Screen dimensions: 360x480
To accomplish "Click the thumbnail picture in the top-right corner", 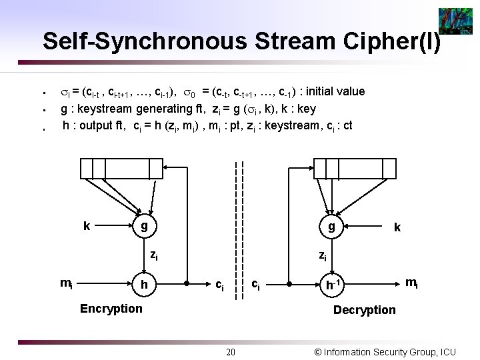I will click(455, 21).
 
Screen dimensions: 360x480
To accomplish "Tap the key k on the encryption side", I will click(87, 226).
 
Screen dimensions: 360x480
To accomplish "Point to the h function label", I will click(143, 284).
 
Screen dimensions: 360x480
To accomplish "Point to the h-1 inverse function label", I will click(332, 284).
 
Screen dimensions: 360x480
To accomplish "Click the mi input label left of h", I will click(67, 283).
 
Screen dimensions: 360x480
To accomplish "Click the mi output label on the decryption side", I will click(412, 283).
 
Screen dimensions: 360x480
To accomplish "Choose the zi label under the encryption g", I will click(153, 254).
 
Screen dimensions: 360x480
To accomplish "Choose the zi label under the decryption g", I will click(322, 254).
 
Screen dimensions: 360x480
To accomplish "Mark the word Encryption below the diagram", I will click(111, 308).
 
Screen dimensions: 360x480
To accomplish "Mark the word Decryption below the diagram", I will click(364, 309).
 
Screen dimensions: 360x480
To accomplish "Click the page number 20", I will click(230, 352).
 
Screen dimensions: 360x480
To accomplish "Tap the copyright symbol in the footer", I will click(318, 351).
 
